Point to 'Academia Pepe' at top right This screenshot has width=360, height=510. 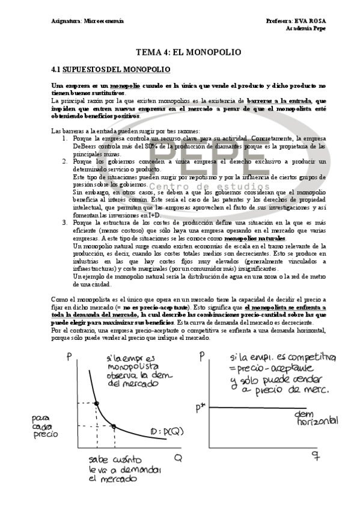tap(307, 28)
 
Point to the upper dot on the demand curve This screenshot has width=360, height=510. tap(96, 402)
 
